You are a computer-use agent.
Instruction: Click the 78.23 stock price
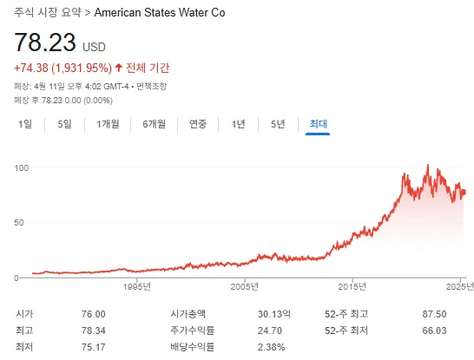[43, 43]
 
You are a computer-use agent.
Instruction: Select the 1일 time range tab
[25, 123]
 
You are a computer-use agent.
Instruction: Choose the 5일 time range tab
[64, 123]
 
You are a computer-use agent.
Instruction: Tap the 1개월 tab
[109, 123]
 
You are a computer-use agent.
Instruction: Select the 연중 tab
[198, 123]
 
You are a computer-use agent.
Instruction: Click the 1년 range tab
[238, 123]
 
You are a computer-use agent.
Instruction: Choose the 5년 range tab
[278, 123]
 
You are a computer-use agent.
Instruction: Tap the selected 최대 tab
[318, 123]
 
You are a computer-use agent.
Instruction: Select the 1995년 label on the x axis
[137, 285]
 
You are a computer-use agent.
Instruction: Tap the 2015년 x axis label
[352, 285]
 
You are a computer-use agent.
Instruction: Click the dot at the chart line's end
[464, 192]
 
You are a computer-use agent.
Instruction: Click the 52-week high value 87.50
[433, 314]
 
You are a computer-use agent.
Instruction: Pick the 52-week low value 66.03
[433, 331]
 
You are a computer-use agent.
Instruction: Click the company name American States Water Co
[159, 14]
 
